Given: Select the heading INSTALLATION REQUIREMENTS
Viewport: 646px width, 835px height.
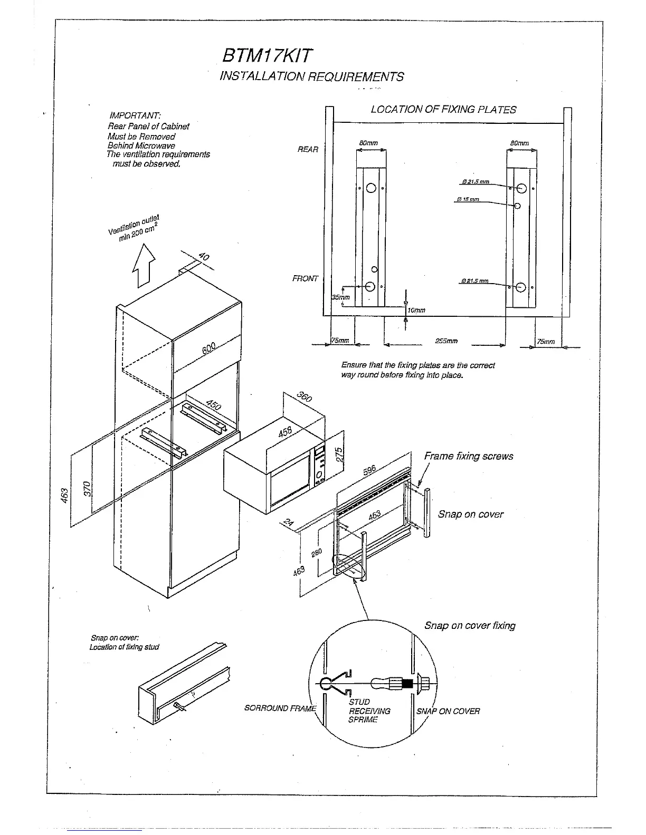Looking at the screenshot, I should coord(311,77).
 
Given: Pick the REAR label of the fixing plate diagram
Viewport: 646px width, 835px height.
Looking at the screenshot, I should coord(308,150).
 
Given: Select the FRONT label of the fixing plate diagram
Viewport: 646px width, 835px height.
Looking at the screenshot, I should coord(306,278).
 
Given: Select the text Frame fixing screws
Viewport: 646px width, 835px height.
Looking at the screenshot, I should coord(469,457).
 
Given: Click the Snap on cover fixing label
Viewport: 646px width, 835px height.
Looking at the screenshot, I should coord(470,626).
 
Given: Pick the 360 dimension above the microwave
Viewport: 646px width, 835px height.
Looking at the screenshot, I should coord(304,396).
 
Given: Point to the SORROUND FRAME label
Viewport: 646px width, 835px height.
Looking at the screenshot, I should coord(280,708).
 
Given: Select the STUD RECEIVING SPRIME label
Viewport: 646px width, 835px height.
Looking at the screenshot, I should coord(369,711).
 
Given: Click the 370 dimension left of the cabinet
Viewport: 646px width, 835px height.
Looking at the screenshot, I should coord(88,488).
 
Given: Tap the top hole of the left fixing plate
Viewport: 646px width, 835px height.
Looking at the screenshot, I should coord(370,188).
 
